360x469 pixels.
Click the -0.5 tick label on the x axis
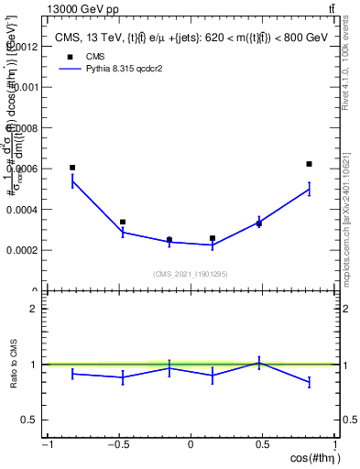(x=118, y=445)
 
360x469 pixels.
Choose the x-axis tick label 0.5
(x=263, y=445)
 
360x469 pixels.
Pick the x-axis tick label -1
(x=46, y=445)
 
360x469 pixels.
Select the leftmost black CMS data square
(x=72, y=168)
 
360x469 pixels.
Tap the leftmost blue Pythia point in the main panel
(x=72, y=181)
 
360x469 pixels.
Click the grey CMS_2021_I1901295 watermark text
(x=191, y=274)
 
